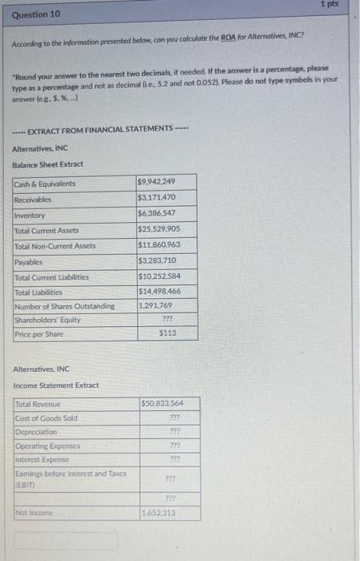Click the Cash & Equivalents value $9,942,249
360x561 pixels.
157,183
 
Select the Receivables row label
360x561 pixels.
33,199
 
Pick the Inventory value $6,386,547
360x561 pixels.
157,214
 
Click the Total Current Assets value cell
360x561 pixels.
158,230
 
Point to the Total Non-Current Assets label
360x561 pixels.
55,245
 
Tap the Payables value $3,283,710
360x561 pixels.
157,261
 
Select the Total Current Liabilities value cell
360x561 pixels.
159,276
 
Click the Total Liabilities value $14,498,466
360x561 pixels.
159,292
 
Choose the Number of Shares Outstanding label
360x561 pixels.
64,307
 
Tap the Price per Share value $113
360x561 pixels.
168,333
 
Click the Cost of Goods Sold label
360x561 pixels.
46,418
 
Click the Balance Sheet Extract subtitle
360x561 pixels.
47,164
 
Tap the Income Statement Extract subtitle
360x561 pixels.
56,385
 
